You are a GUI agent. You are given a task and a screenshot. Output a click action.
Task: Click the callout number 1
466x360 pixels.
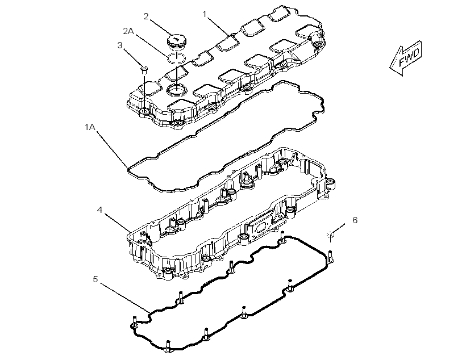[x=205, y=14]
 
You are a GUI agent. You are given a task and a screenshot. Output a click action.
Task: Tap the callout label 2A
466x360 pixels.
[x=128, y=31]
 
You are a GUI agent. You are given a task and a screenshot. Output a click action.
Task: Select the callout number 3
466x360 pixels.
[x=120, y=45]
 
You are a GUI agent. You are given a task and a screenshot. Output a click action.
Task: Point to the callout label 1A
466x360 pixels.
[x=90, y=127]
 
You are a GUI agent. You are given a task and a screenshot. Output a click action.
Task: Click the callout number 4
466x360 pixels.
[x=99, y=210]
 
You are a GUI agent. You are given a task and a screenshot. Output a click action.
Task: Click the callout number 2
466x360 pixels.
[x=145, y=16]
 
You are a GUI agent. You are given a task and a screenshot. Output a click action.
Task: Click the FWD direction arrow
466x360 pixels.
[x=406, y=58]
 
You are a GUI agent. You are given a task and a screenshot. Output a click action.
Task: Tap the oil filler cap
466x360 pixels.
[x=176, y=41]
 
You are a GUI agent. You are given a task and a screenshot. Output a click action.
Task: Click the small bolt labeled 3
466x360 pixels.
[x=144, y=70]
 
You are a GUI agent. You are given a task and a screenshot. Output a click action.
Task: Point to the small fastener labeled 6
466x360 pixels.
[x=330, y=235]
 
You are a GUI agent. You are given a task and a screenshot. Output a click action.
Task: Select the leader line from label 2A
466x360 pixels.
[x=151, y=44]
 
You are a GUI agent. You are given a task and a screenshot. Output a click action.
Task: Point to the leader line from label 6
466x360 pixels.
[x=339, y=229]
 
